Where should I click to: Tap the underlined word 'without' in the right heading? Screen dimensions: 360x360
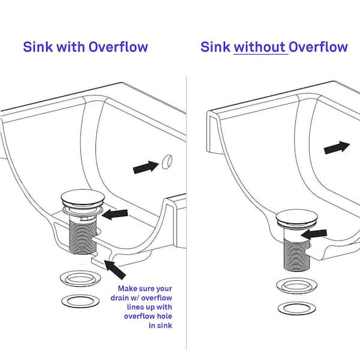pyautogui.click(x=260, y=47)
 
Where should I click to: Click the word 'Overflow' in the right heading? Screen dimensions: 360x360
pyautogui.click(x=318, y=47)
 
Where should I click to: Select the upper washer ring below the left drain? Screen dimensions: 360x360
pyautogui.click(x=80, y=278)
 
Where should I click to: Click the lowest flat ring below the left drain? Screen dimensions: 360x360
pyautogui.click(x=80, y=301)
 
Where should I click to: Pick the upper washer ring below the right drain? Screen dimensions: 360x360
pyautogui.click(x=296, y=286)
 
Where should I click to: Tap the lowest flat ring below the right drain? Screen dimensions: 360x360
pyautogui.click(x=296, y=308)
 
